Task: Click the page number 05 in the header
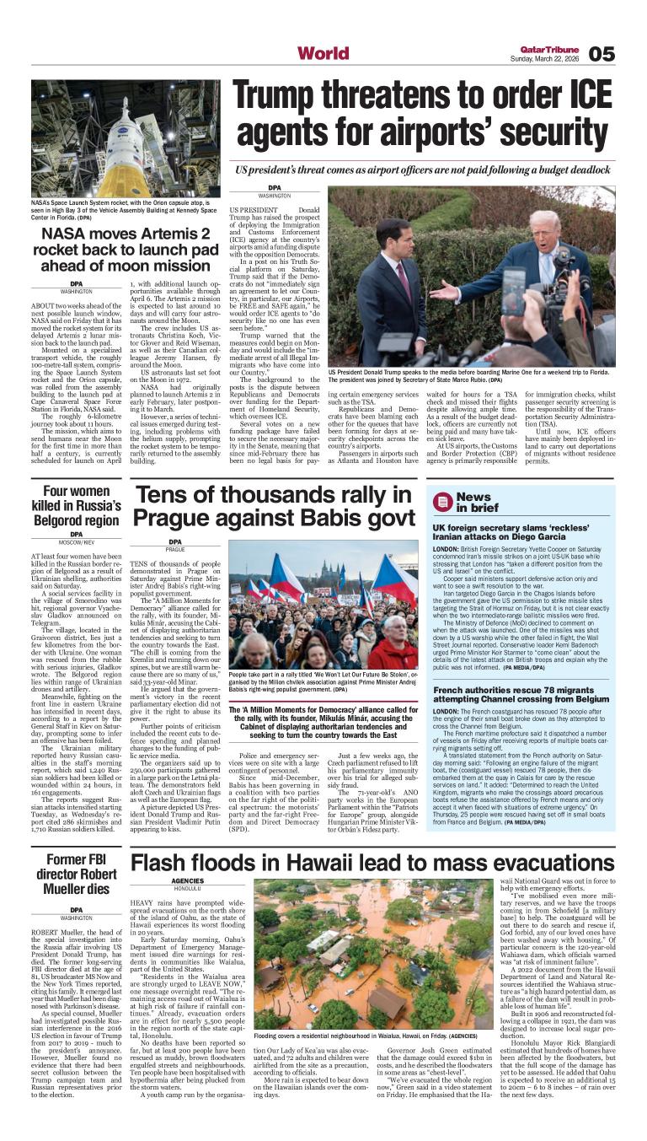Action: coord(602,53)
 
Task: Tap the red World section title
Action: coord(323,54)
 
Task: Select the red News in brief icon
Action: coord(441,502)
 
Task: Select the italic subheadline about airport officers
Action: coord(423,170)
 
